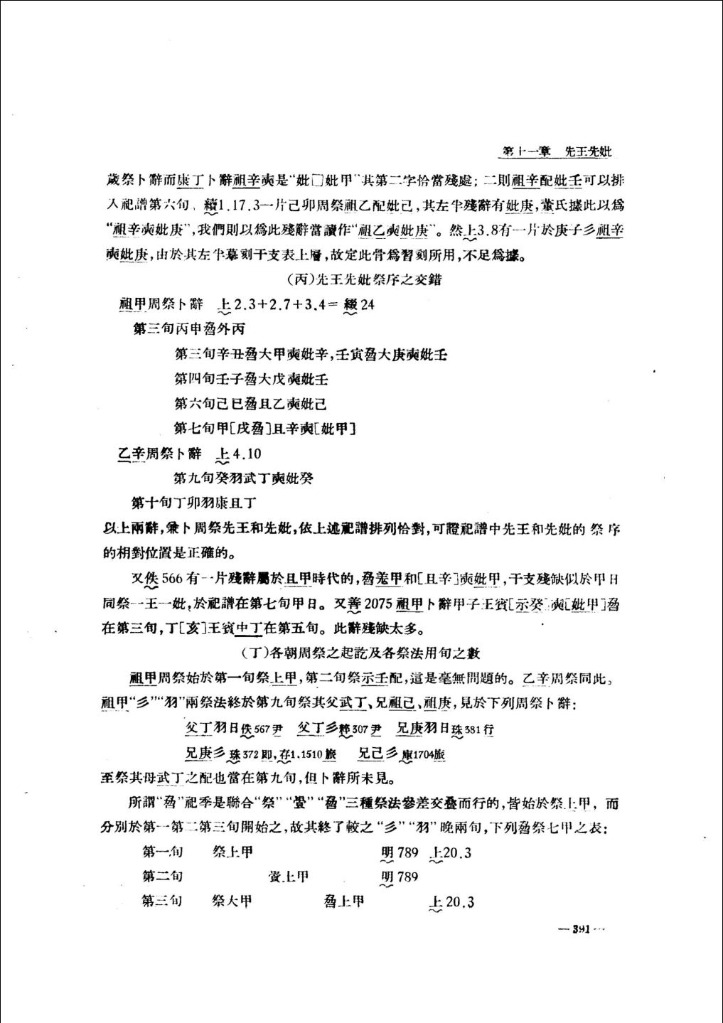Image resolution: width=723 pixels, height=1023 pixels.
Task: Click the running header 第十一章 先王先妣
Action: [x=557, y=151]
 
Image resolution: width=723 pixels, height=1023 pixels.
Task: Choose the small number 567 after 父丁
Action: [x=263, y=729]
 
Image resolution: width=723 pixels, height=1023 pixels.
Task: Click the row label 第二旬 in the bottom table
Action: [x=162, y=877]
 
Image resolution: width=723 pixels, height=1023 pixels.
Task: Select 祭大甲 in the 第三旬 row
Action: [x=232, y=901]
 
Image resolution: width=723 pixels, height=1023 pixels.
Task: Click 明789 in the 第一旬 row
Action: [x=400, y=852]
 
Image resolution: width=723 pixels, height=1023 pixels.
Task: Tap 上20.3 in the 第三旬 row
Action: [x=452, y=902]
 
